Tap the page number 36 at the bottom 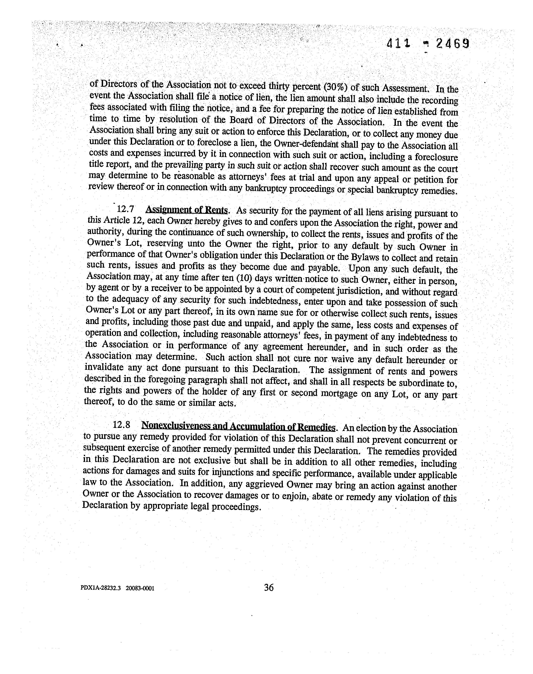click(x=269, y=588)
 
